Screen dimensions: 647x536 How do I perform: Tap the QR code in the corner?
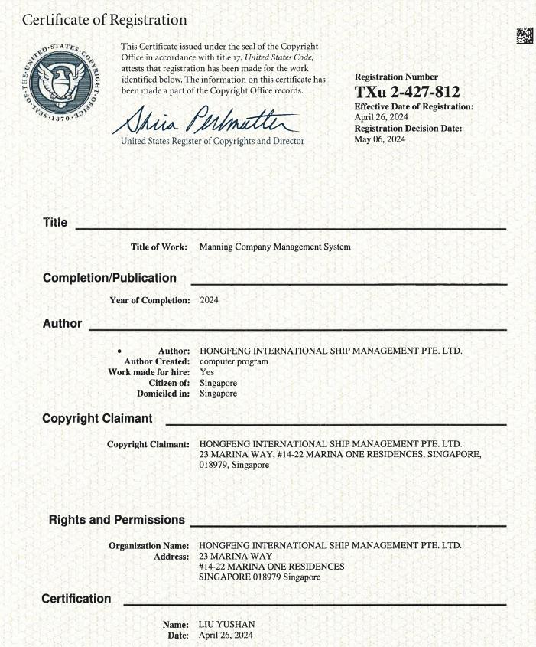[x=524, y=35]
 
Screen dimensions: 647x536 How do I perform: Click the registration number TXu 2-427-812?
[x=407, y=93]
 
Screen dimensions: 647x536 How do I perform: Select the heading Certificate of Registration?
[x=105, y=20]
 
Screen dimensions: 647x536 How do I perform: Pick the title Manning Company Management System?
[x=274, y=247]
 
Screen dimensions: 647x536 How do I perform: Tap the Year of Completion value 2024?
[x=209, y=300]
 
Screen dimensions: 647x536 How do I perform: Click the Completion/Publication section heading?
[x=109, y=278]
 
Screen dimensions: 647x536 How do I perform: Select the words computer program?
[x=234, y=361]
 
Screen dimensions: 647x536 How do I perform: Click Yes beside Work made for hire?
[x=206, y=372]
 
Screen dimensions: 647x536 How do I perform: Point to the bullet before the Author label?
[x=120, y=351]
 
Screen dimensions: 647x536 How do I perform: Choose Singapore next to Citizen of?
[x=218, y=383]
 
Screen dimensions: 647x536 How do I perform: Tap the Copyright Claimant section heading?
[x=97, y=419]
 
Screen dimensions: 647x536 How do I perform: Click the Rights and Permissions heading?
[x=117, y=520]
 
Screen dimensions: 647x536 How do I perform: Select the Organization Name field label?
[x=149, y=545]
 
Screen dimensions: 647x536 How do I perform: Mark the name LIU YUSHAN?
[x=226, y=625]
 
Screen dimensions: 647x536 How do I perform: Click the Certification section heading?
[x=76, y=599]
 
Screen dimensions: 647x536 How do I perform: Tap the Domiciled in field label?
[x=163, y=394]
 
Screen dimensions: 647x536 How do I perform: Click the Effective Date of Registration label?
[x=414, y=106]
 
